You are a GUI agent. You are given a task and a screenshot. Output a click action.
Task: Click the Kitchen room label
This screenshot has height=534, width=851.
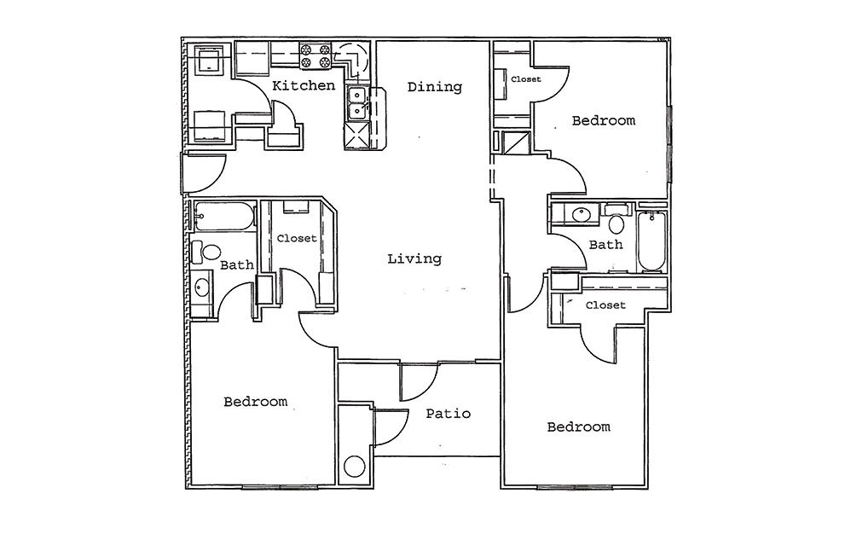pyautogui.click(x=303, y=85)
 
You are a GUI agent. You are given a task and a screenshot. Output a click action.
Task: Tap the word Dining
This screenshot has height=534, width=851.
pyautogui.click(x=434, y=86)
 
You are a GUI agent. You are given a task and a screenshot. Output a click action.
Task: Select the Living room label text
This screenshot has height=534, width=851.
pyautogui.click(x=414, y=258)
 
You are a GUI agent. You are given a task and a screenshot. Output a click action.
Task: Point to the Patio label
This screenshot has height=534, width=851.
pyautogui.click(x=449, y=414)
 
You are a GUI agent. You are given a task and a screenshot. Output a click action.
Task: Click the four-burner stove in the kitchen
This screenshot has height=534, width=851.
pyautogui.click(x=314, y=56)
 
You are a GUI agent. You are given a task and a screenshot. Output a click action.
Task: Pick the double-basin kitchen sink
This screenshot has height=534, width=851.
pyautogui.click(x=357, y=105)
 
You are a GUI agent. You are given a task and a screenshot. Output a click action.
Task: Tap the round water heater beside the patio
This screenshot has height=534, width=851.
pyautogui.click(x=354, y=467)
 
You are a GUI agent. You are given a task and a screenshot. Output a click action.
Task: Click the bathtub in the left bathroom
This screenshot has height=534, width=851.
pyautogui.click(x=223, y=217)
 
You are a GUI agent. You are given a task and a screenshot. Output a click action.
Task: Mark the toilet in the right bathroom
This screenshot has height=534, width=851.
pyautogui.click(x=616, y=223)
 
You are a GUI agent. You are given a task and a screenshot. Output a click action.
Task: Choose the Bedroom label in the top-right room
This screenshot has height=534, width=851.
pyautogui.click(x=603, y=120)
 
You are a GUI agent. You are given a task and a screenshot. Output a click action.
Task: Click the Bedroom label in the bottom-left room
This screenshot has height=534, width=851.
pyautogui.click(x=255, y=401)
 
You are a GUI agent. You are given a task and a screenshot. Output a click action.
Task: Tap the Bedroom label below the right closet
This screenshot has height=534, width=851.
pyautogui.click(x=578, y=427)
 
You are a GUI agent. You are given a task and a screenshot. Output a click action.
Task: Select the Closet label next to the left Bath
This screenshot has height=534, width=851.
pyautogui.click(x=297, y=239)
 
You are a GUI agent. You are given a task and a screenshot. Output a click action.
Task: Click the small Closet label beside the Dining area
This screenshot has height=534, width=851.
pyautogui.click(x=525, y=79)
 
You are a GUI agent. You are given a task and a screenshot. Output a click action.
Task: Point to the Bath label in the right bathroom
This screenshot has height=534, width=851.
pyautogui.click(x=606, y=245)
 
